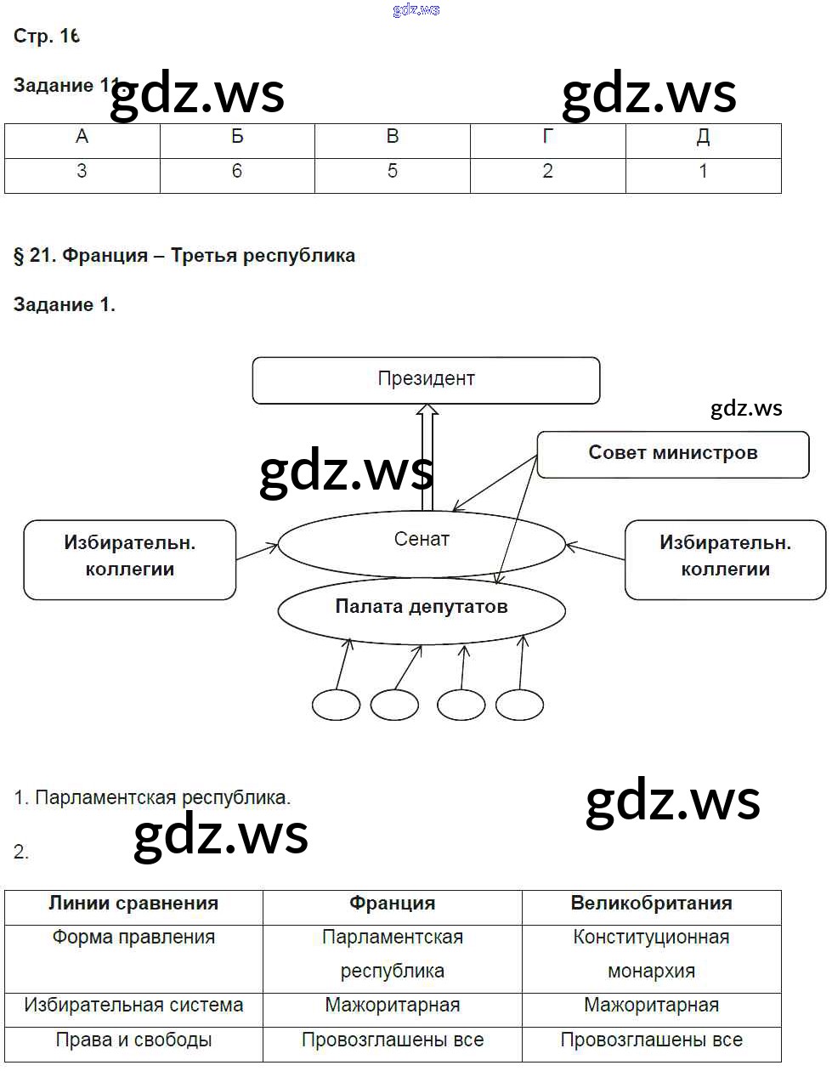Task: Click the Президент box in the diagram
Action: coord(426,380)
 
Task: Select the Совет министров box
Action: coord(672,454)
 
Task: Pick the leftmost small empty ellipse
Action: coord(336,705)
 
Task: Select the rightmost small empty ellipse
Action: coord(519,705)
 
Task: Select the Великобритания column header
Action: coord(651,904)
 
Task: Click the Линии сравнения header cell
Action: coord(133,904)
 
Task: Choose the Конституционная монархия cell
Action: coord(651,955)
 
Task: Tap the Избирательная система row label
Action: coord(133,1006)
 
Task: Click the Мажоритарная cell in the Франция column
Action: coord(392,1006)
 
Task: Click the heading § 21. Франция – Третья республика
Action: coord(184,256)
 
